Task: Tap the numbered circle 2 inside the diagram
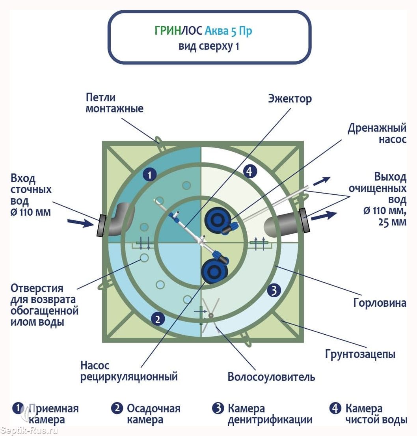[x=158, y=319]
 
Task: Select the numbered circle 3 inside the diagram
[x=274, y=291]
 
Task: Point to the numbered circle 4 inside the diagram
[x=250, y=171]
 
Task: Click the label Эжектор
[x=290, y=98]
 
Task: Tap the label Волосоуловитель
[x=271, y=376]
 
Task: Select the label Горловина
[x=380, y=303]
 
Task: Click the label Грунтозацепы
[x=360, y=354]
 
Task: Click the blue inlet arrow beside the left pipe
[x=80, y=223]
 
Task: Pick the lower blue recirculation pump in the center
[x=214, y=270]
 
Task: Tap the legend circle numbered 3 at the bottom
[x=218, y=408]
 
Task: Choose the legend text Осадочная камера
[x=153, y=414]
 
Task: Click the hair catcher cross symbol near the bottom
[x=211, y=315]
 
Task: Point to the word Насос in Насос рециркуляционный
[x=95, y=365]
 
